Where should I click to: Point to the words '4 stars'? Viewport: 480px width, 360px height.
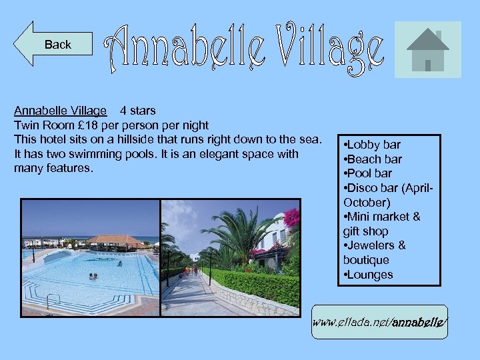tap(138, 110)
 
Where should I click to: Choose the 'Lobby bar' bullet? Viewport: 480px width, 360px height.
tap(372, 145)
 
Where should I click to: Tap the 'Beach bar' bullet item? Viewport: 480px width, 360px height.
tap(373, 159)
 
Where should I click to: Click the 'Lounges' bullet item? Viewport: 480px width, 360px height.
tap(368, 275)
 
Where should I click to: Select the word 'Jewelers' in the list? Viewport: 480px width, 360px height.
tap(373, 245)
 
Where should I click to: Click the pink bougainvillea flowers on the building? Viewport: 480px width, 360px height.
tap(291, 219)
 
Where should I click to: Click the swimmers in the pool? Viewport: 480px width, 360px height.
tap(93, 276)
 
